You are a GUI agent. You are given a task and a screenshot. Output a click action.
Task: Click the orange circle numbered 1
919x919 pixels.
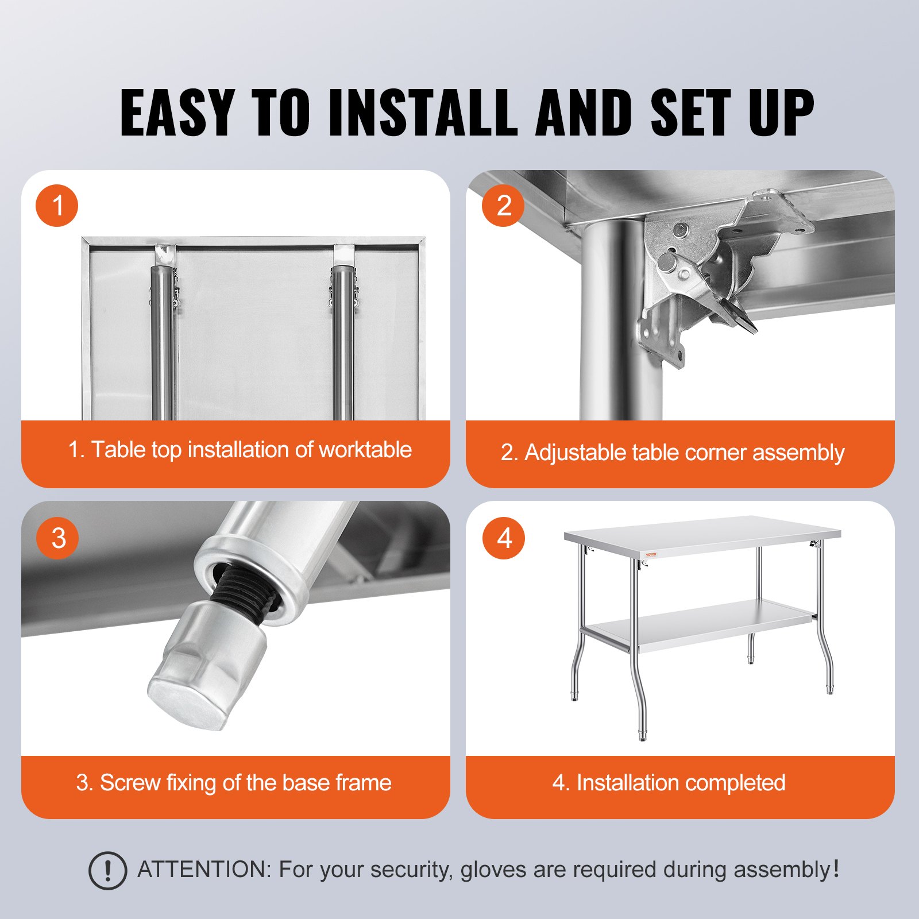(x=57, y=206)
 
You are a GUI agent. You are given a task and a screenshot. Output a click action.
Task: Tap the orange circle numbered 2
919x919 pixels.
(x=503, y=206)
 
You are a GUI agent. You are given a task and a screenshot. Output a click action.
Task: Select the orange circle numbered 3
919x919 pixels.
(x=57, y=538)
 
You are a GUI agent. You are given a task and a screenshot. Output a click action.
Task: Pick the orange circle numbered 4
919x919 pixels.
(x=504, y=538)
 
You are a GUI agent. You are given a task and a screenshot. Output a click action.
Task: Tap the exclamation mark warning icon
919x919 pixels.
(x=107, y=871)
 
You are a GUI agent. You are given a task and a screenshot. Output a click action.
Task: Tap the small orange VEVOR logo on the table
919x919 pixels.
(x=650, y=555)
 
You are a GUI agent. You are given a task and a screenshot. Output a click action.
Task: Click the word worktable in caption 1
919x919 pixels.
(x=365, y=450)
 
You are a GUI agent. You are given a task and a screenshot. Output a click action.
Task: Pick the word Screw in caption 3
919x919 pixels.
(x=130, y=783)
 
